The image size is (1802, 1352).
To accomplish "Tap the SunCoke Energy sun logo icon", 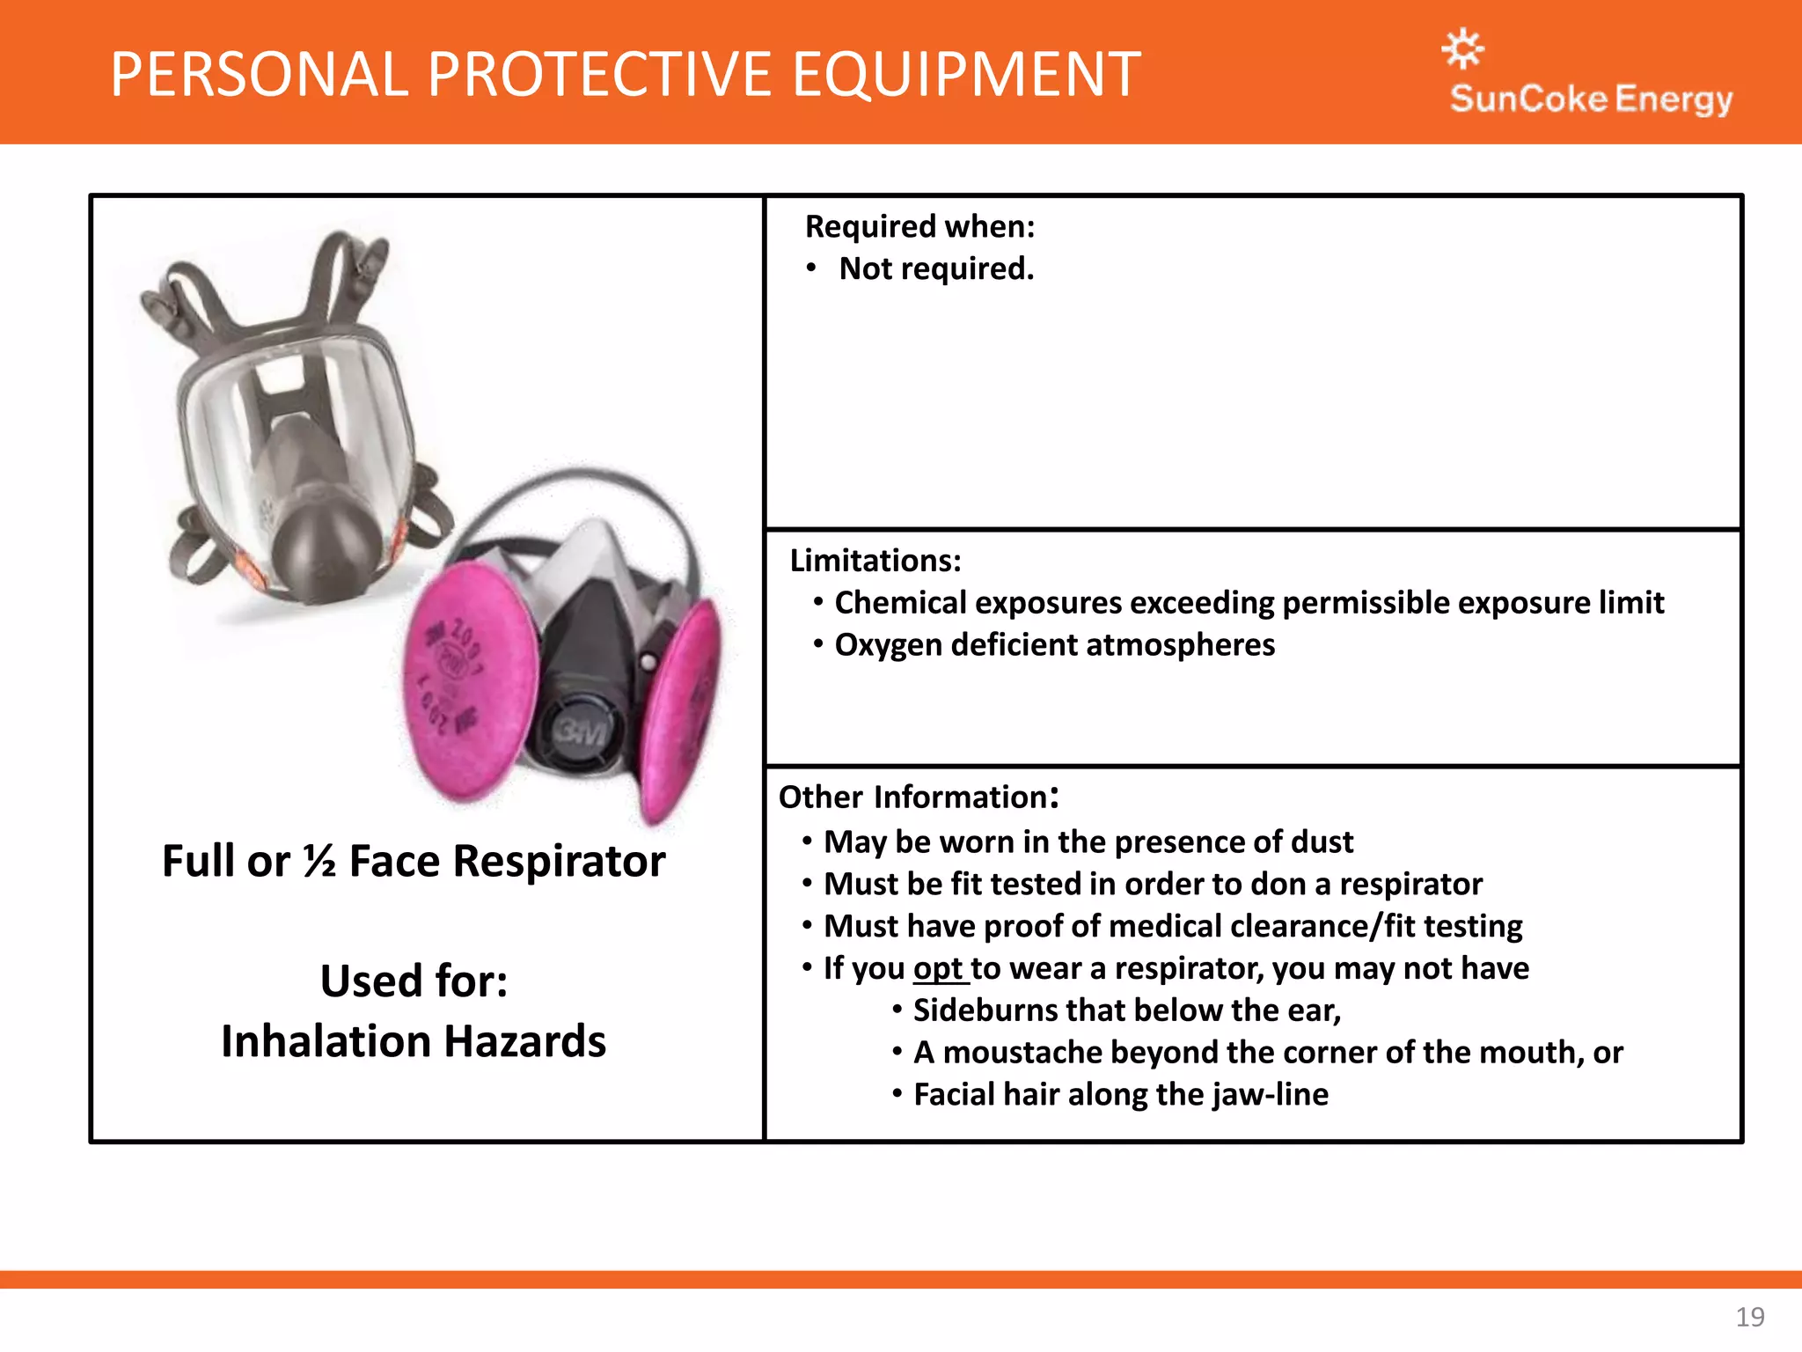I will (x=1462, y=48).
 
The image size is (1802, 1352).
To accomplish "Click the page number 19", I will (x=1749, y=1317).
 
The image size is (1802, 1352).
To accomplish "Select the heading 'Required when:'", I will (x=919, y=227).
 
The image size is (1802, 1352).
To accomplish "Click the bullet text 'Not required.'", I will (x=936, y=268).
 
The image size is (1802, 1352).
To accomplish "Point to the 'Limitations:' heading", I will (x=875, y=561).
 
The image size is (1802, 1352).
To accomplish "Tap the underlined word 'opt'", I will (x=938, y=968).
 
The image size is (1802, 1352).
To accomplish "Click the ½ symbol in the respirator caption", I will (x=319, y=861).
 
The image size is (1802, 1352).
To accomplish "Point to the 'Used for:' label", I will (x=414, y=981).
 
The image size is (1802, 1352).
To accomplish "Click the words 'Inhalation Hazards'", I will (x=414, y=1041).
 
